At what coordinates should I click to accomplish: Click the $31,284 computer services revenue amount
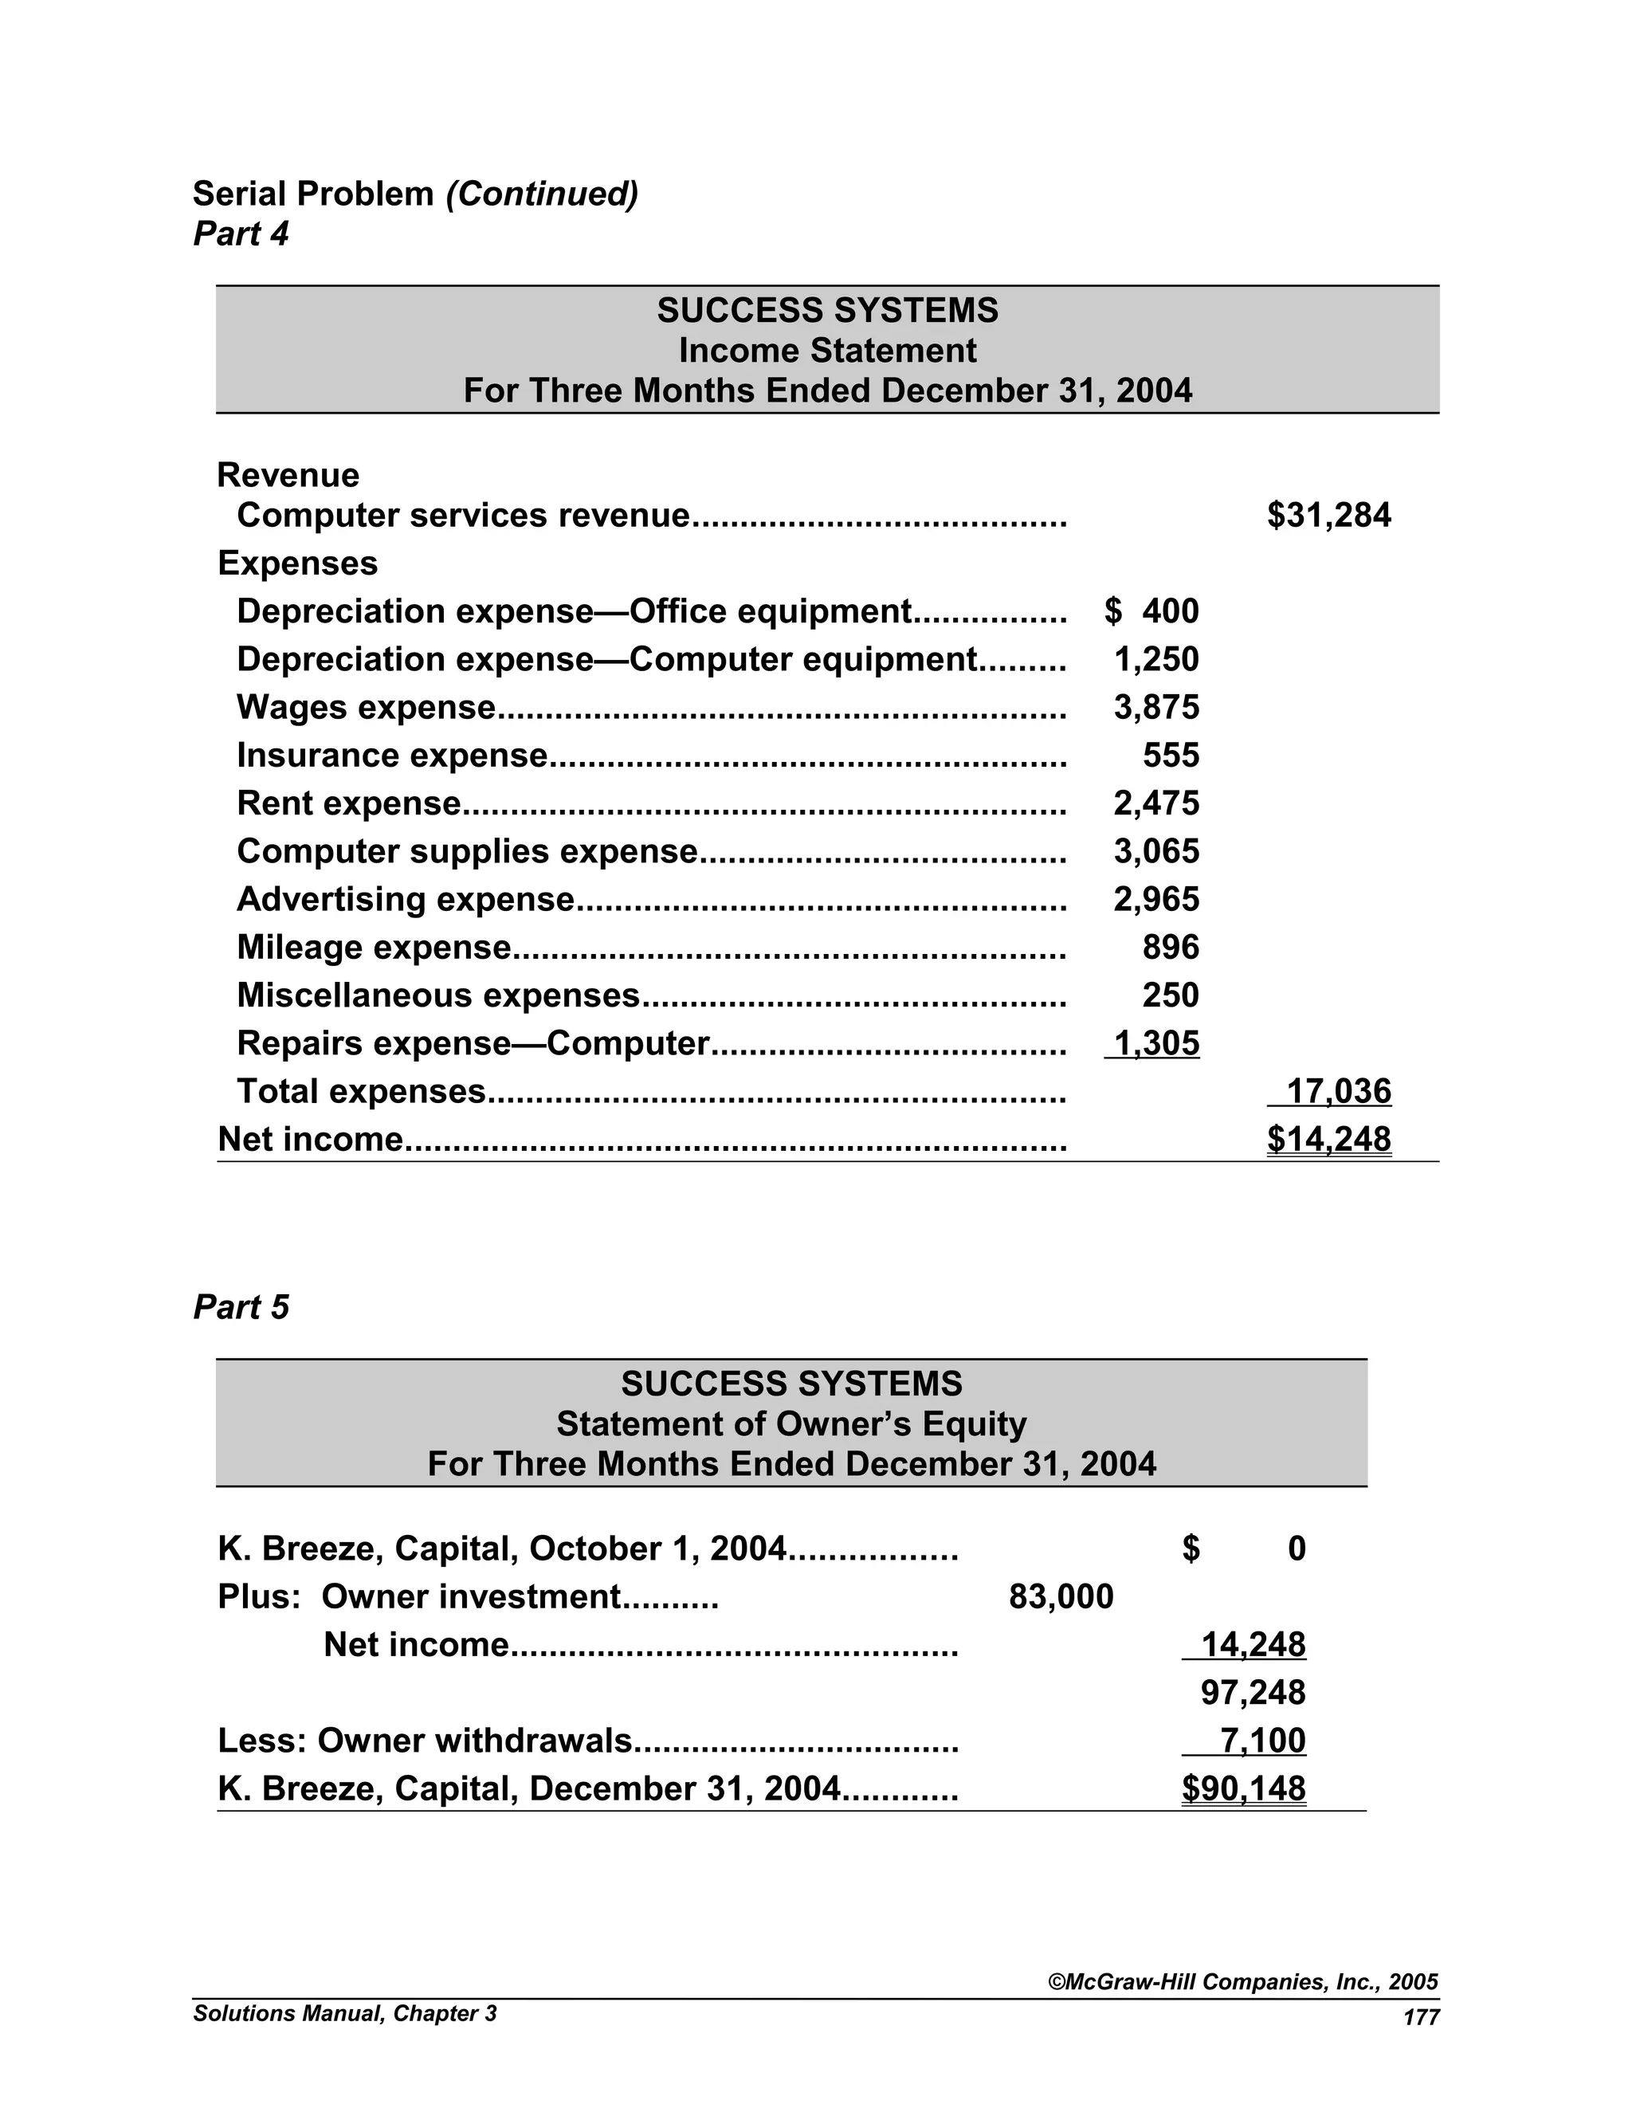[x=1328, y=516]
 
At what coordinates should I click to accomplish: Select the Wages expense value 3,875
[x=1156, y=707]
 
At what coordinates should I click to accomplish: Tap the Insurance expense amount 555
[x=1170, y=756]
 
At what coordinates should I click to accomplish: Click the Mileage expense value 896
[x=1170, y=947]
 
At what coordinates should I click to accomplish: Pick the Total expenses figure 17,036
[x=1338, y=1091]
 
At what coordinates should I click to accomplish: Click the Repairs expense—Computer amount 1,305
[x=1156, y=1043]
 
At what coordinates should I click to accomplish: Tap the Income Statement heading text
[x=828, y=350]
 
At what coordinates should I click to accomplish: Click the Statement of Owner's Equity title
[x=790, y=1423]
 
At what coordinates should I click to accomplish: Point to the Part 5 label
[x=241, y=1306]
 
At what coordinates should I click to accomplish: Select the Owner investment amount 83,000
[x=1061, y=1596]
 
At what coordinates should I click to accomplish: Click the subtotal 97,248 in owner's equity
[x=1253, y=1692]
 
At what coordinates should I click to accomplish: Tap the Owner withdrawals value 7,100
[x=1263, y=1741]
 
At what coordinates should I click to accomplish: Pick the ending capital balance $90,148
[x=1243, y=1789]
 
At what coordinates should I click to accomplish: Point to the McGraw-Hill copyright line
[x=1243, y=1982]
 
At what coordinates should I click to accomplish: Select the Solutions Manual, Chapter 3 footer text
[x=344, y=2013]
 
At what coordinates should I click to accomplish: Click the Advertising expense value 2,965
[x=1156, y=899]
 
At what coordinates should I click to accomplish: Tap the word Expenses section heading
[x=298, y=563]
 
